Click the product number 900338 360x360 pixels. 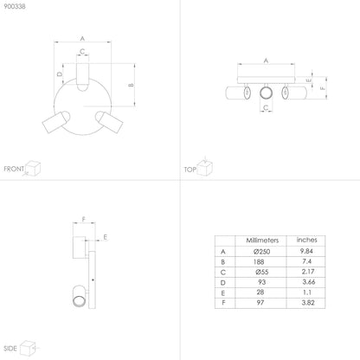15,6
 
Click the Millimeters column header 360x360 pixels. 262,241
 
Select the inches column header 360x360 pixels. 306,240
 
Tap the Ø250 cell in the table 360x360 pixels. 262,252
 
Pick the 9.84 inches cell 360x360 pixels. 306,251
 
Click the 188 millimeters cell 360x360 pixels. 259,261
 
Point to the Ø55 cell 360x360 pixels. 262,272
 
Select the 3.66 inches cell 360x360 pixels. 308,282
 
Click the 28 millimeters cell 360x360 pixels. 260,292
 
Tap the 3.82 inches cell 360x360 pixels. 308,303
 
